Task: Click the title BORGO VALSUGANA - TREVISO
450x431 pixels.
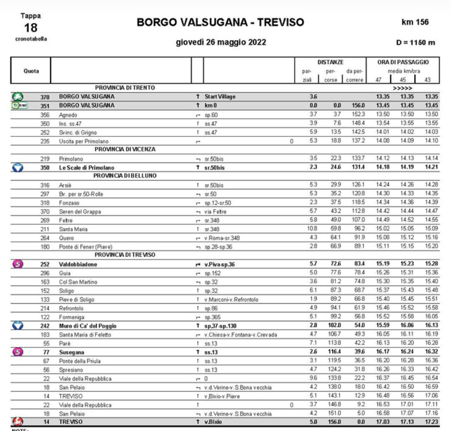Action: click(x=221, y=22)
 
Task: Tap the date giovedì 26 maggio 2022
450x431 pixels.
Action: click(x=221, y=43)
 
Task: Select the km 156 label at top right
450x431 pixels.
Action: click(x=415, y=22)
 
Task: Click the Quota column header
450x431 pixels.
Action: click(x=32, y=70)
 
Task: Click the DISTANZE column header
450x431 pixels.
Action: click(x=331, y=62)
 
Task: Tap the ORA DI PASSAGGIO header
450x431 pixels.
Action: click(x=402, y=62)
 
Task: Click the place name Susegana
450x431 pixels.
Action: click(x=72, y=351)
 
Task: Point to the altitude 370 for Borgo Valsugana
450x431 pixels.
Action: click(x=45, y=97)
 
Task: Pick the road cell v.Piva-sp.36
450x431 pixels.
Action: click(x=224, y=263)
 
